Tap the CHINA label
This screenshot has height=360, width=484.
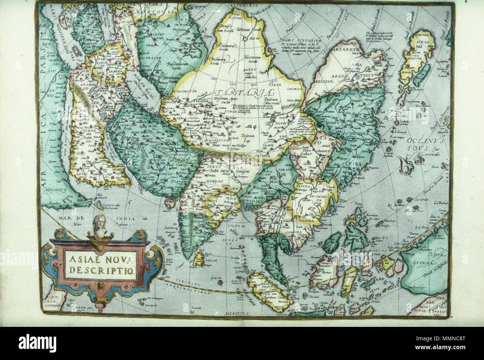click(351, 162)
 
